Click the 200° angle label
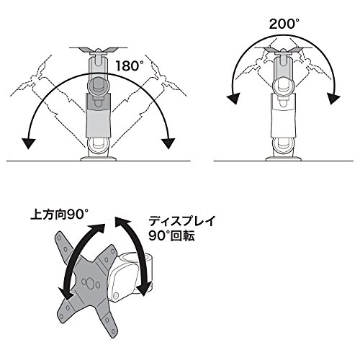pos(284,24)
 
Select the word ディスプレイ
pos(181,221)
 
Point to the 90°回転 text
pos(171,235)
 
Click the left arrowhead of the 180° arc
pos(28,143)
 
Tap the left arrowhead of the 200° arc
pos(233,99)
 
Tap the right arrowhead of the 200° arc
pos(333,99)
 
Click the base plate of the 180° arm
pos(99,158)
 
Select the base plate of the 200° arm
pos(284,158)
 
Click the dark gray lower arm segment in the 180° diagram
pos(99,115)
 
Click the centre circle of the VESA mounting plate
pos(89,283)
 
